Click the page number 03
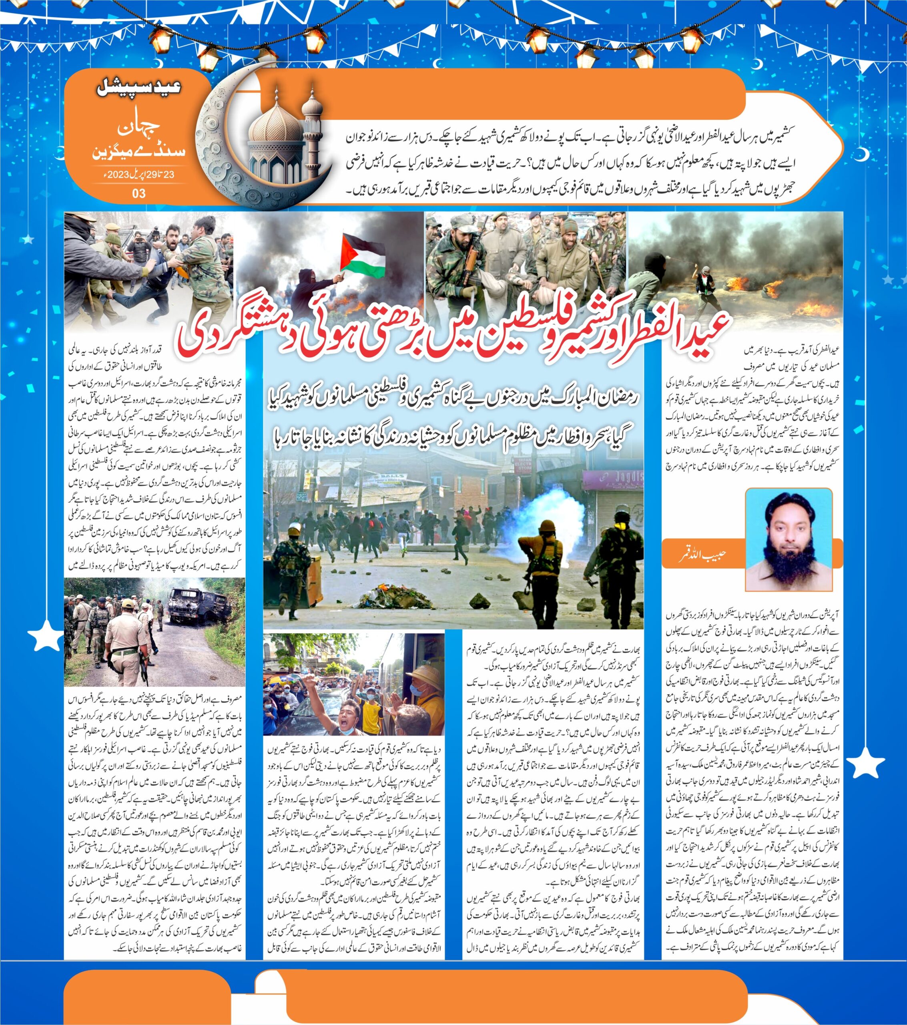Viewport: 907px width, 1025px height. coord(139,193)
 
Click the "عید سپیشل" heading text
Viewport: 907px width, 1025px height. coord(138,90)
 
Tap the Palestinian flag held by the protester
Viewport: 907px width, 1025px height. coord(362,254)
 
